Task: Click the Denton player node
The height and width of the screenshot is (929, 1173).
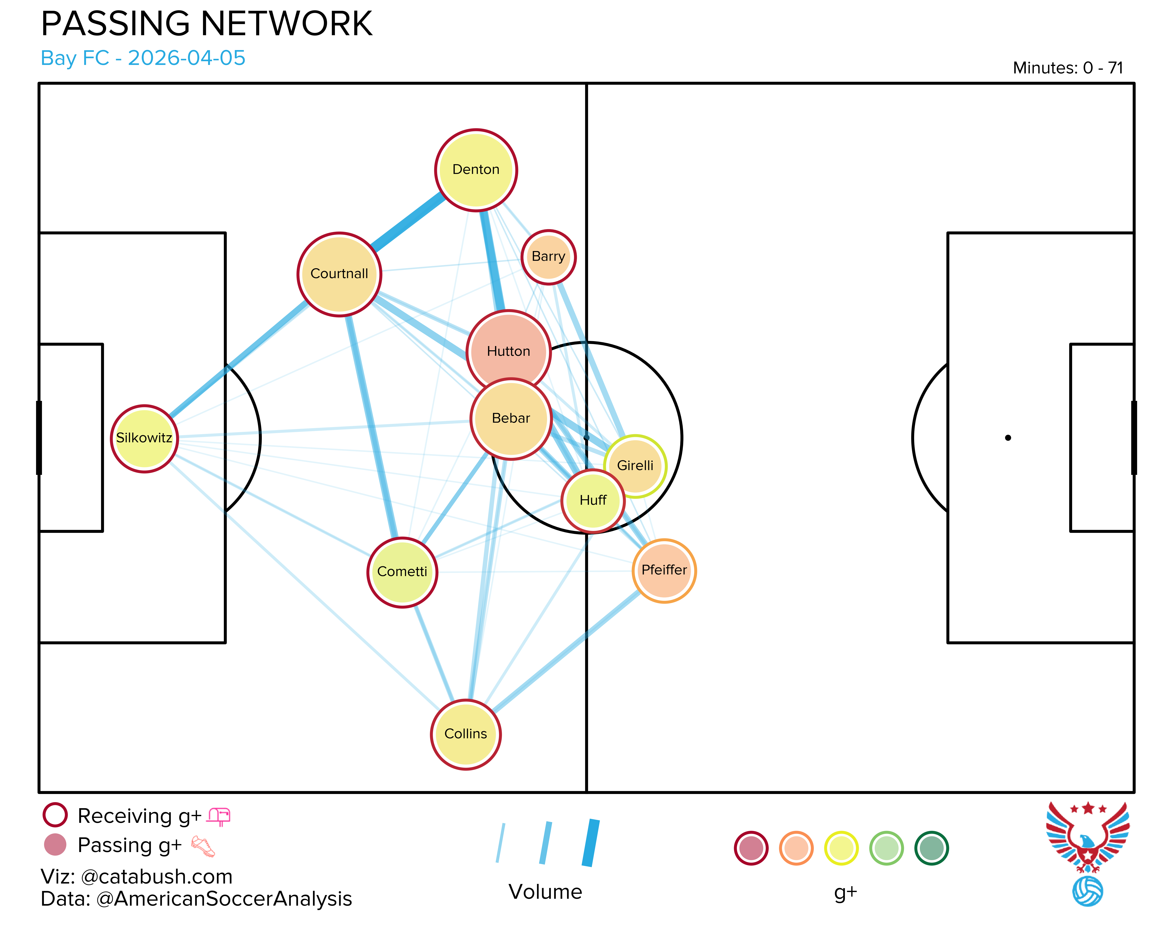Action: [x=476, y=170]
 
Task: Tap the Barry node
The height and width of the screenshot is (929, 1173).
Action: [x=549, y=257]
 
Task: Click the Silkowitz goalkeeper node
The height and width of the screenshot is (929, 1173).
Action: [x=144, y=438]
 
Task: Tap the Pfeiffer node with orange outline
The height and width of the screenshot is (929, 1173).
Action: [x=664, y=571]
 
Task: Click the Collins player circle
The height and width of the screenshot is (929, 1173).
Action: [x=466, y=734]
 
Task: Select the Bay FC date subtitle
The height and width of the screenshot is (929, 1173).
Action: [x=143, y=58]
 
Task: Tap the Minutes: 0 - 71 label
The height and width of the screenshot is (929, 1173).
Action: [x=1068, y=68]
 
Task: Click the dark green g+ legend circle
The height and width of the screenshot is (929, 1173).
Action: [x=931, y=848]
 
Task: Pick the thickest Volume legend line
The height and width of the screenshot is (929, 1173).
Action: [x=591, y=842]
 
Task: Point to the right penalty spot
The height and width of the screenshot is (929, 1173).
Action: [x=1008, y=438]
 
